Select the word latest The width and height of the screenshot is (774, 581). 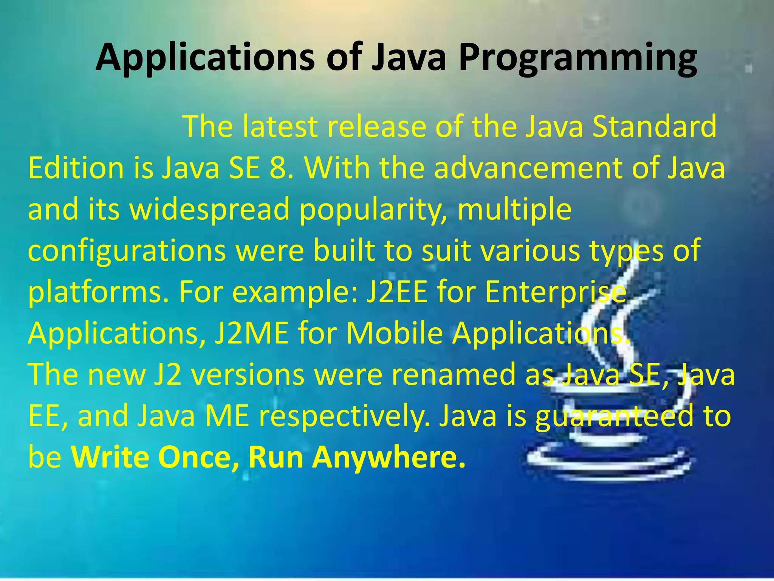click(x=280, y=126)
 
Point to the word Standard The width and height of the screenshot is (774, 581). click(x=654, y=126)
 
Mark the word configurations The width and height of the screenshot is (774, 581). click(x=127, y=252)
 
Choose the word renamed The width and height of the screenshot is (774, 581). click(x=454, y=375)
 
